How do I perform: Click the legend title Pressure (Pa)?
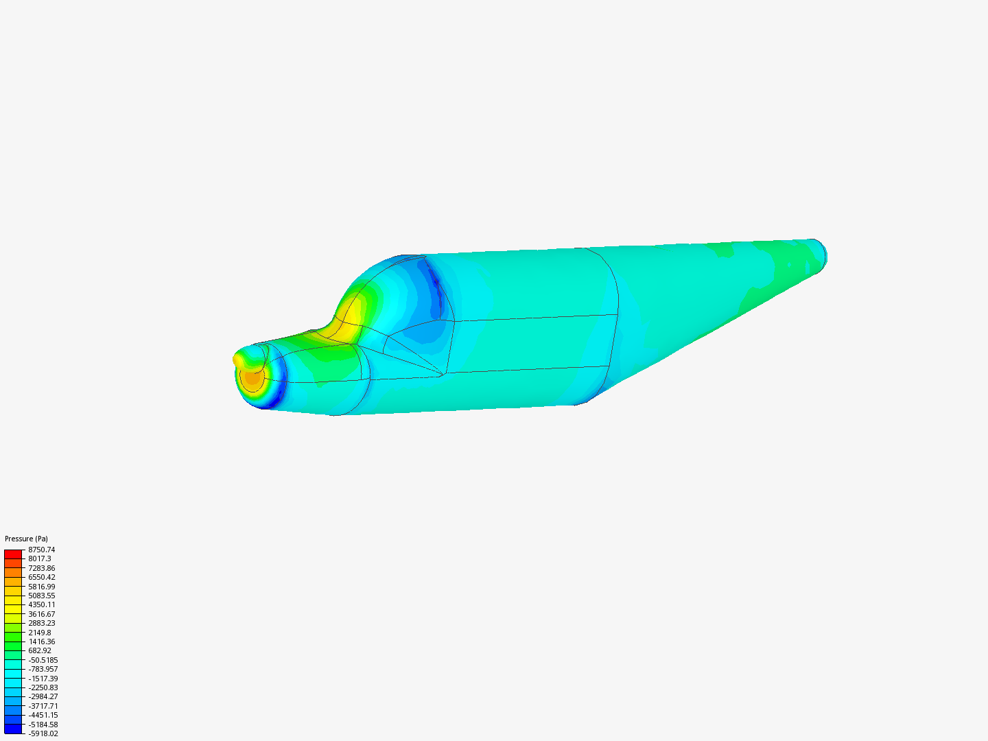pos(26,539)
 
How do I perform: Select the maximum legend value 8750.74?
pos(41,550)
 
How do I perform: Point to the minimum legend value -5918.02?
pos(43,733)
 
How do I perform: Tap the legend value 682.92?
pos(39,650)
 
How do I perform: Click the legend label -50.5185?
pos(43,660)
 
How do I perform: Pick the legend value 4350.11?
pos(41,604)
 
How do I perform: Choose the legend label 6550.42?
pos(41,577)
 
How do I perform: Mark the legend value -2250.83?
pos(43,687)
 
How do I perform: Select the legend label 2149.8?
pos(39,633)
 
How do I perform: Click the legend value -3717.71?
pos(43,706)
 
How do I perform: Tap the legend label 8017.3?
pos(39,558)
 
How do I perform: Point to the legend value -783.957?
pos(43,669)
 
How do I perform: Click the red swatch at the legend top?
pos(13,554)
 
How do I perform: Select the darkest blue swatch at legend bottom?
pos(13,729)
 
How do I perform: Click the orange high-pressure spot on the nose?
pos(252,378)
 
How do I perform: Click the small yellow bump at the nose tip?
pos(239,359)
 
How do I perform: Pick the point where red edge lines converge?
pos(443,374)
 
